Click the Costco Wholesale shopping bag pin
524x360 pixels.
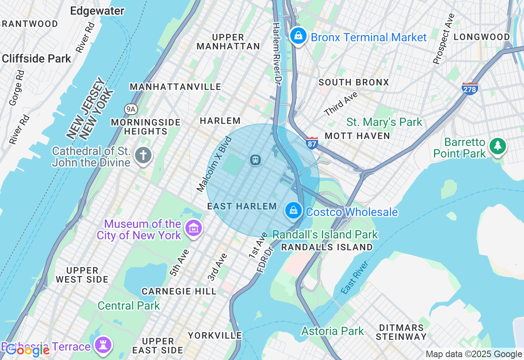(294, 211)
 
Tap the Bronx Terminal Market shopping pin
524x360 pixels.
(298, 36)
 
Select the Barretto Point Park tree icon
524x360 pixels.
(498, 146)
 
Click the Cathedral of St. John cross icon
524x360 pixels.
(143, 155)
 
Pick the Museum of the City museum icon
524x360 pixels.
(193, 228)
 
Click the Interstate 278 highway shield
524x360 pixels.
(470, 88)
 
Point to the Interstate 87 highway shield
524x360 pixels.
(312, 142)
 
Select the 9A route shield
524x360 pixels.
(131, 109)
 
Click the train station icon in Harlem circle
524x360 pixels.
(255, 160)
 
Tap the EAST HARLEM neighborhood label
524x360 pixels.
(242, 206)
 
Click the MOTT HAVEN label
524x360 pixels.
(357, 136)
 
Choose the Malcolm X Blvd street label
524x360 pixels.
(215, 164)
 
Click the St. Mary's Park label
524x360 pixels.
(384, 122)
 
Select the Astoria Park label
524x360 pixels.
(332, 331)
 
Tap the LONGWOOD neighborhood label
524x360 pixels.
(482, 37)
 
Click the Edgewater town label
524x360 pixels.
(97, 11)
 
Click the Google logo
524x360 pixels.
(27, 350)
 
